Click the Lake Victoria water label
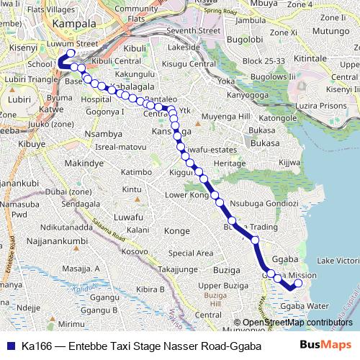[x=338, y=260]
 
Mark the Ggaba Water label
[x=305, y=306]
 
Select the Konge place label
[x=177, y=231]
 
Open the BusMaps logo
[x=325, y=345]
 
